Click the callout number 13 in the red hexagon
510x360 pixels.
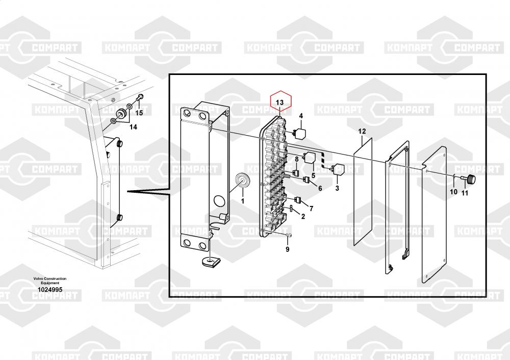[279, 102]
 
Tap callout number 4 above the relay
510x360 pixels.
[301, 116]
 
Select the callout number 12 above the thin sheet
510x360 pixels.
[362, 131]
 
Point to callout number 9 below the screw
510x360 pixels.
[287, 249]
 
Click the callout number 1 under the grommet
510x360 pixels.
[242, 201]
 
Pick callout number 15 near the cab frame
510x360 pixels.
[139, 113]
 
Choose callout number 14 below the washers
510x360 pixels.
[133, 127]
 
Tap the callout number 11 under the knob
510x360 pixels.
[465, 193]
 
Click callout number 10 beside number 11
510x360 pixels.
[453, 192]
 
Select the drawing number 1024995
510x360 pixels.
[50, 290]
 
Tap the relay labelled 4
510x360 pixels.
[299, 133]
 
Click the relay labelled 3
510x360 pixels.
[337, 169]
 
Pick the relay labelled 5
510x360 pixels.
[310, 158]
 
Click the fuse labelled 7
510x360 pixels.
[297, 200]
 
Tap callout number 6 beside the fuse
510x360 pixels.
[320, 188]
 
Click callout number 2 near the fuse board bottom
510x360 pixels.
[303, 216]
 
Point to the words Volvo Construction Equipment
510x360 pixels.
[50, 280]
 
